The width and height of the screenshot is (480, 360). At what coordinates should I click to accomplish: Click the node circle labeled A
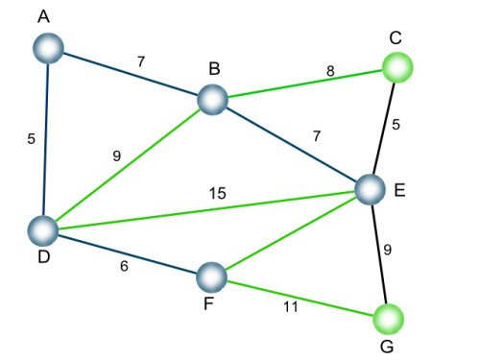click(48, 48)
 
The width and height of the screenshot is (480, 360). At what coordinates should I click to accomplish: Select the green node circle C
click(397, 67)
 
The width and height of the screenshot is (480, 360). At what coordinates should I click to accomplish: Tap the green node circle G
click(389, 319)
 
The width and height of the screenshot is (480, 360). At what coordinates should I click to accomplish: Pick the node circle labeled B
click(212, 100)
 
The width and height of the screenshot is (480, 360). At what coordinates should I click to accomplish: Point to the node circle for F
click(211, 277)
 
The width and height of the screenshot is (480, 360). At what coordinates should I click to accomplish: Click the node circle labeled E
click(371, 189)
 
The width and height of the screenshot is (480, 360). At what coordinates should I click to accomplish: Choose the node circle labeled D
click(43, 230)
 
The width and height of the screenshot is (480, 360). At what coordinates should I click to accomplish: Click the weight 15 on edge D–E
click(218, 193)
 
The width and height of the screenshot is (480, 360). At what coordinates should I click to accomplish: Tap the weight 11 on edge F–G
click(291, 307)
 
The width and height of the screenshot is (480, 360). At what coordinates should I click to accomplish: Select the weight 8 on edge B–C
click(330, 71)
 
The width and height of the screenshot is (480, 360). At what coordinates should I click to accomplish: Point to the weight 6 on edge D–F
click(124, 266)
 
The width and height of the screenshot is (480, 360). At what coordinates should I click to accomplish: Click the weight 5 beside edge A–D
click(31, 139)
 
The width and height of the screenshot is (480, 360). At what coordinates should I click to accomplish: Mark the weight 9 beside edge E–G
click(388, 250)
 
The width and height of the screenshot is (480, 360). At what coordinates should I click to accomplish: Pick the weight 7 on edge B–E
click(317, 136)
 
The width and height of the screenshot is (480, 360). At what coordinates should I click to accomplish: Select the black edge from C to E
click(384, 129)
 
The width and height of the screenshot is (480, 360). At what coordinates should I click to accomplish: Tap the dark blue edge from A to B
click(131, 74)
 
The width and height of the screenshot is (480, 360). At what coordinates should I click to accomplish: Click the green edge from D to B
click(128, 165)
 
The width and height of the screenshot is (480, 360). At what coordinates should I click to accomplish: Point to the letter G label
click(387, 347)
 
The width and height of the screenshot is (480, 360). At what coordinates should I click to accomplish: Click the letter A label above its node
click(43, 16)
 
